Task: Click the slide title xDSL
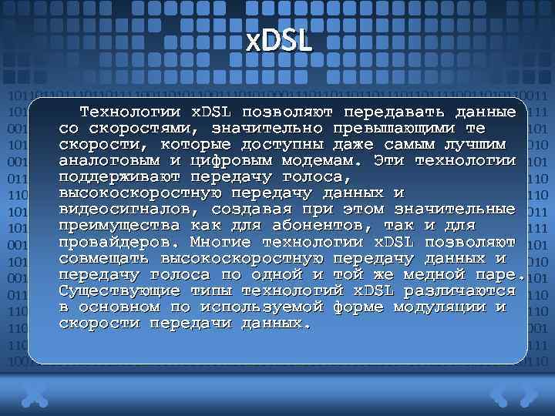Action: (279, 40)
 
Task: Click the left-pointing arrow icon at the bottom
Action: (499, 394)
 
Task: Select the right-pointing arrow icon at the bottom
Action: (529, 394)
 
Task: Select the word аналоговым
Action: (110, 161)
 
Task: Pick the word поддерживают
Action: (110, 177)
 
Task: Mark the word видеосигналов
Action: (116, 210)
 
